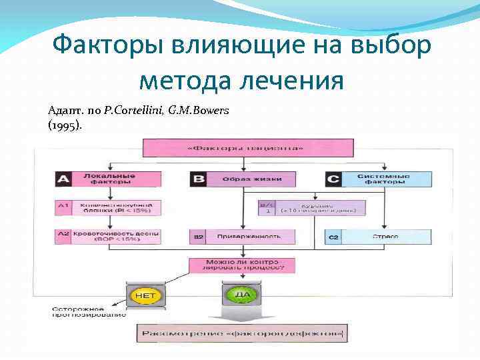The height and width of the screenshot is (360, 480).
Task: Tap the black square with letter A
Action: point(63,179)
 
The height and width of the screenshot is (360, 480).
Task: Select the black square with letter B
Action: point(198,179)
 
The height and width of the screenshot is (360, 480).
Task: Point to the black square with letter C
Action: point(334,179)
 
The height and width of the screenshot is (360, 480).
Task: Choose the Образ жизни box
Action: point(251,179)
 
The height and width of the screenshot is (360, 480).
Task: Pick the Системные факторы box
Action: point(387,179)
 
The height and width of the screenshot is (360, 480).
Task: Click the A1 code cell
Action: point(63,207)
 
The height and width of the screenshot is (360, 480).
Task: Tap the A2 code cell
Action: point(63,236)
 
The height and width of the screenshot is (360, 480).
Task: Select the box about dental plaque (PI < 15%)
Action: point(116,207)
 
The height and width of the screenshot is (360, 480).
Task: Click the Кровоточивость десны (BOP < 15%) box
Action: point(116,236)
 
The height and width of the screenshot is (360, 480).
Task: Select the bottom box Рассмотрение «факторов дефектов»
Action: point(242,332)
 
